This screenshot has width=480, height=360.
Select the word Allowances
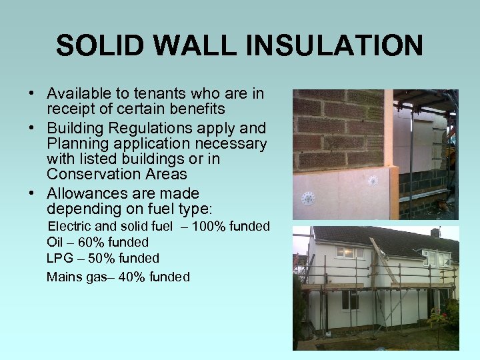click(89, 193)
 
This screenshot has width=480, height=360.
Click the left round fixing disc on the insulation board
click(308, 198)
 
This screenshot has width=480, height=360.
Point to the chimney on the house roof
click(435, 233)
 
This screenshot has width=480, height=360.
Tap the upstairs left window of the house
click(346, 253)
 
